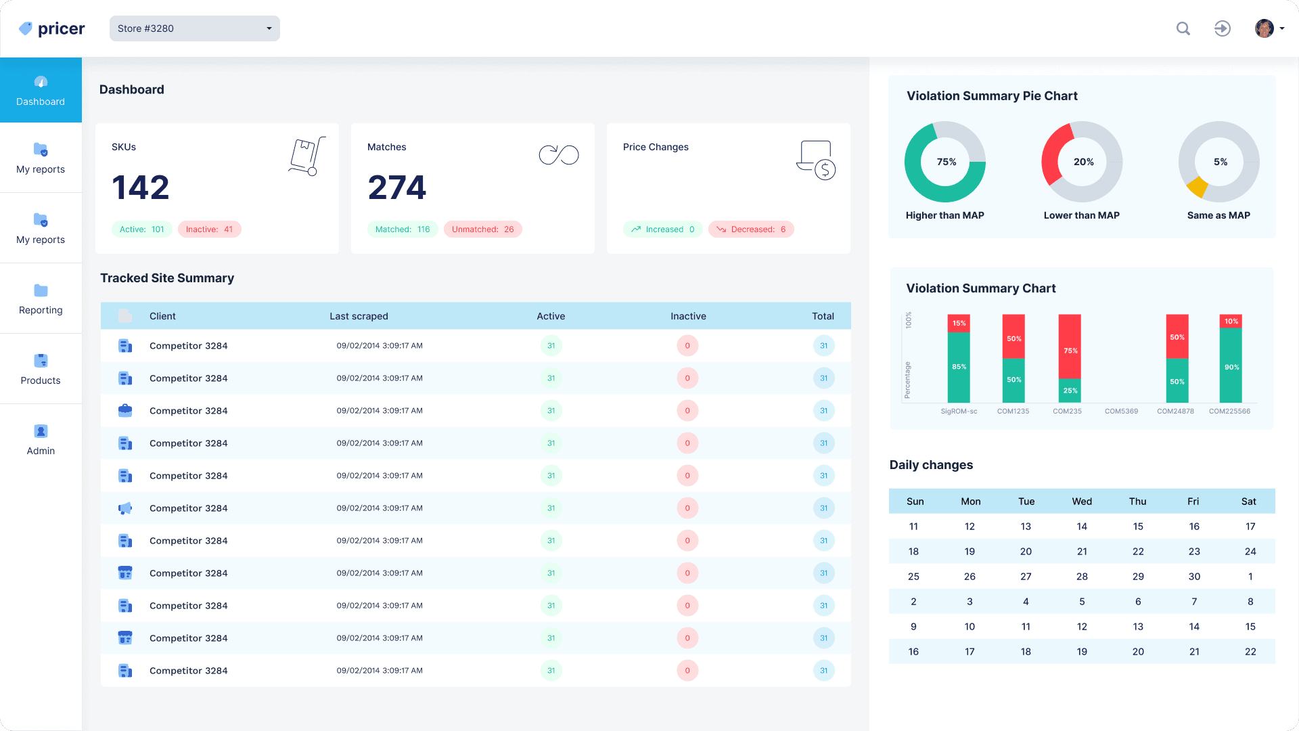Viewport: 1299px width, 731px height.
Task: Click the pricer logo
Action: (52, 28)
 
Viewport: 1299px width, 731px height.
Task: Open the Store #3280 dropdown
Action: (194, 28)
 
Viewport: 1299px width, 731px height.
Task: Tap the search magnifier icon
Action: (1183, 28)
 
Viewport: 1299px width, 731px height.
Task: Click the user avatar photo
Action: (1264, 28)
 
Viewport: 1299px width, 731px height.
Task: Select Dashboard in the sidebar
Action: (41, 90)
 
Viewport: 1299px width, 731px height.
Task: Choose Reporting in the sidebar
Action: (41, 298)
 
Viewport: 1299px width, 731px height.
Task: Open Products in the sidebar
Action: (41, 369)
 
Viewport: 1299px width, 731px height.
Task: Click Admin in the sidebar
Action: (41, 439)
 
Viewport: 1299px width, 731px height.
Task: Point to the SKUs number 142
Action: (141, 187)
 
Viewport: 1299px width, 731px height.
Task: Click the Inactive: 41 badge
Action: (210, 229)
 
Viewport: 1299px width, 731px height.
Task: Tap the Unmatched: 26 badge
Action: (482, 229)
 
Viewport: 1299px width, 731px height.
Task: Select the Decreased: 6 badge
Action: (751, 229)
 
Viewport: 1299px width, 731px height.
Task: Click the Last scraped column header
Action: (359, 316)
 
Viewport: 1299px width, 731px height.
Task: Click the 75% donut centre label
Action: (946, 162)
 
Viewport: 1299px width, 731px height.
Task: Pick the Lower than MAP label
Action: (1081, 215)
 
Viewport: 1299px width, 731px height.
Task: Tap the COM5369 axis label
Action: (1121, 411)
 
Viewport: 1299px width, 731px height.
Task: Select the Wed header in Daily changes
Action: (1082, 502)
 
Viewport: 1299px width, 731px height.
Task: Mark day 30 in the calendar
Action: (1194, 577)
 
